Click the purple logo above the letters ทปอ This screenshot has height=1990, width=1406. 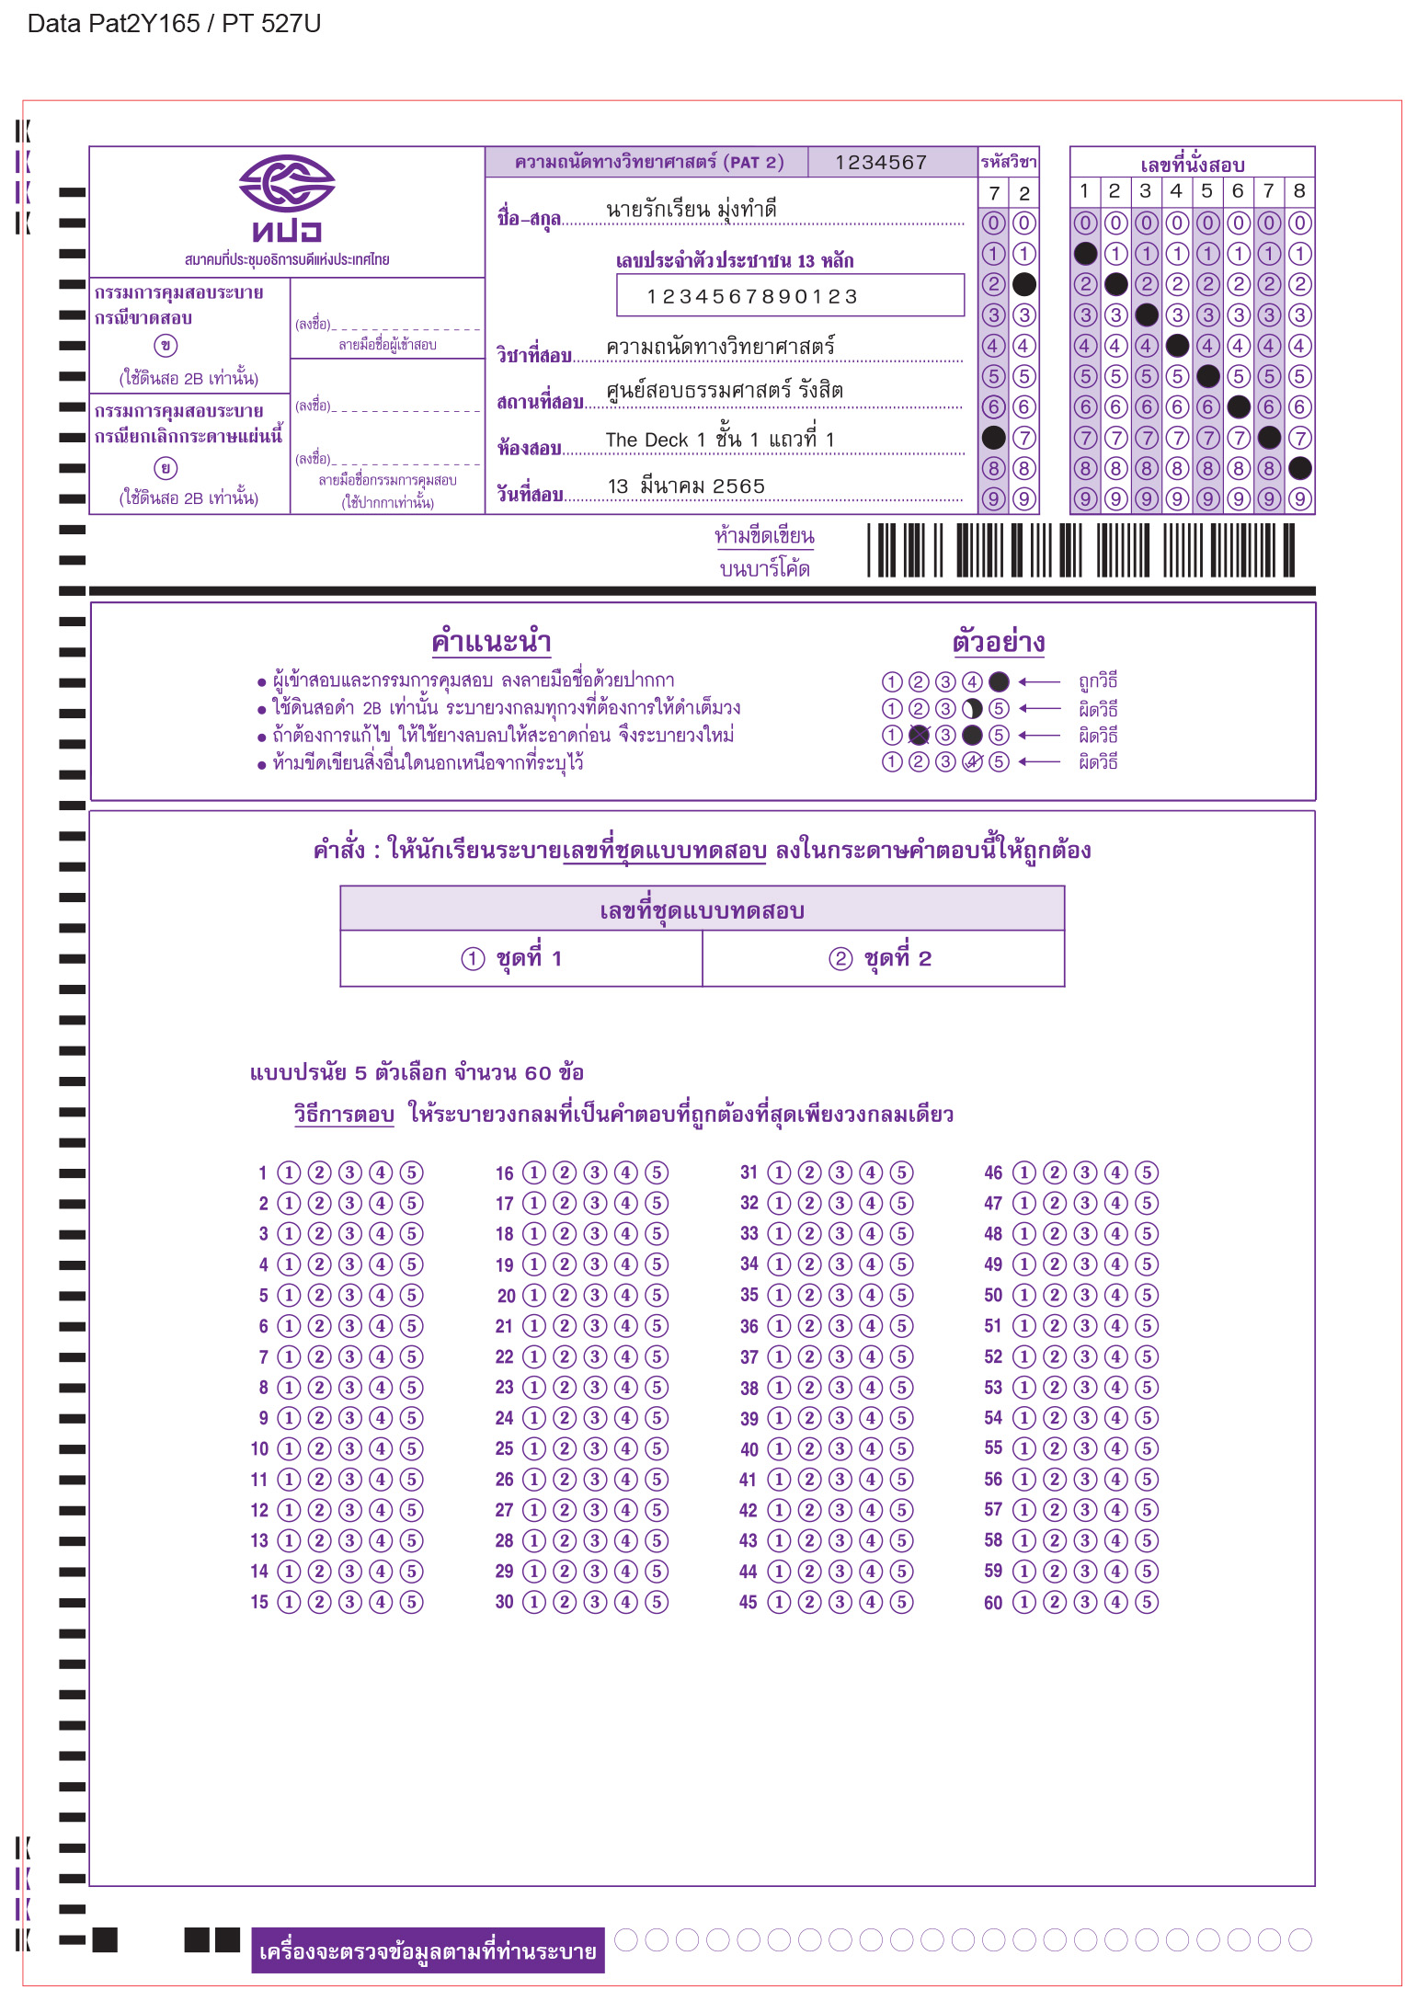pyautogui.click(x=286, y=183)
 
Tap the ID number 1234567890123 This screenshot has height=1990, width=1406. pyautogui.click(x=752, y=296)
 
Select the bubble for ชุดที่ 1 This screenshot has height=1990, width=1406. pyautogui.click(x=473, y=959)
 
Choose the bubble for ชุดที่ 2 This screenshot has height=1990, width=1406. pyautogui.click(x=840, y=959)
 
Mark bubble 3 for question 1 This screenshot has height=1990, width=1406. pyautogui.click(x=349, y=1172)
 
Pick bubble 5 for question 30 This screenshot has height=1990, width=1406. pyautogui.click(x=657, y=1602)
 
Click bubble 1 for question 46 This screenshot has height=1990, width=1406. pyautogui.click(x=1023, y=1172)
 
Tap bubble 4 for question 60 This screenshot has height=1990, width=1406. pyautogui.click(x=1115, y=1602)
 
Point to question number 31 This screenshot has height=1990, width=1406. pyautogui.click(x=749, y=1172)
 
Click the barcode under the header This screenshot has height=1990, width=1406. pyautogui.click(x=1080, y=550)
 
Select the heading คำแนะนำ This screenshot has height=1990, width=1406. pyautogui.click(x=491, y=641)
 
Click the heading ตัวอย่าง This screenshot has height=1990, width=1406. pyautogui.click(x=999, y=641)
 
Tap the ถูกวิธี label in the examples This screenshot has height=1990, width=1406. pyautogui.click(x=1098, y=681)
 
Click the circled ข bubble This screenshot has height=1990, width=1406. pyautogui.click(x=166, y=346)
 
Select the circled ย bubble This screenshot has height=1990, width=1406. pyautogui.click(x=166, y=468)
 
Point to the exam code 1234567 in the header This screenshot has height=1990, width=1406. pyautogui.click(x=880, y=163)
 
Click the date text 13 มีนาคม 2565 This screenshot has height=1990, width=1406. pyautogui.click(x=686, y=486)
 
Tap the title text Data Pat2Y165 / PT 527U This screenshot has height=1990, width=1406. pyautogui.click(x=175, y=24)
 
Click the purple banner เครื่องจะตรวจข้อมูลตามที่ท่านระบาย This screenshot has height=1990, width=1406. pyautogui.click(x=428, y=1950)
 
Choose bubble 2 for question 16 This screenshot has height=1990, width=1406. pyautogui.click(x=565, y=1172)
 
